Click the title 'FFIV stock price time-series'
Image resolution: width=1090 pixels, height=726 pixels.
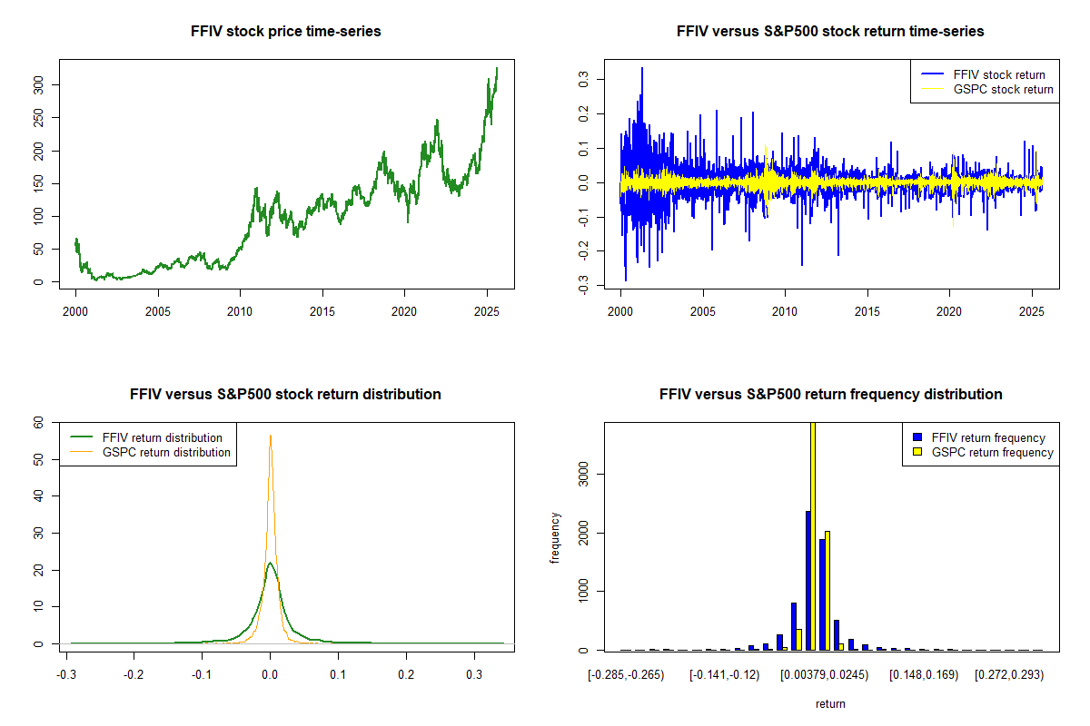click(285, 32)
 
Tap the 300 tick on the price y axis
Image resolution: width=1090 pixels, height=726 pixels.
click(40, 84)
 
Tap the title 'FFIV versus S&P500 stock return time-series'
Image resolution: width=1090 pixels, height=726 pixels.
click(830, 32)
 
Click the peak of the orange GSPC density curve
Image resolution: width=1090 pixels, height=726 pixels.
click(270, 436)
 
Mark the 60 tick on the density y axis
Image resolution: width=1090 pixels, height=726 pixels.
click(40, 422)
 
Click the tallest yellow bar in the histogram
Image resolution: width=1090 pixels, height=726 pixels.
click(813, 535)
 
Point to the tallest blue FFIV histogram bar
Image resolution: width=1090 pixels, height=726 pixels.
click(807, 581)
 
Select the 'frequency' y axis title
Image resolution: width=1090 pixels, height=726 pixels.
click(555, 538)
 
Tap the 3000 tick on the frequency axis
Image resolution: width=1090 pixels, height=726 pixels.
click(585, 473)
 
